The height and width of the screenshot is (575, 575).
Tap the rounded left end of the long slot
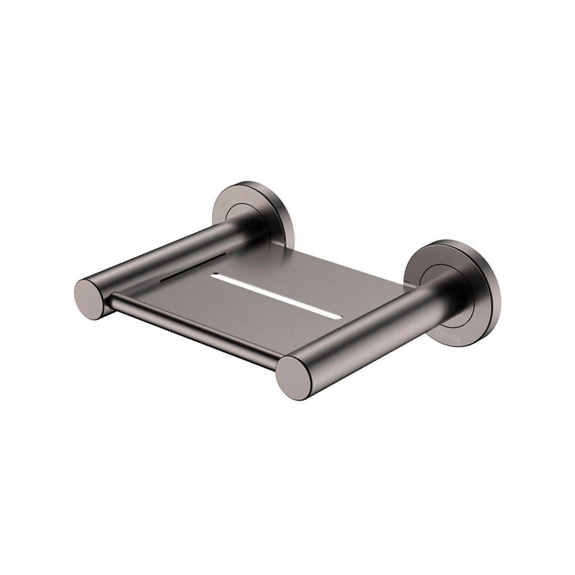click(x=214, y=276)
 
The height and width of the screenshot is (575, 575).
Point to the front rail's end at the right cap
click(x=277, y=367)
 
